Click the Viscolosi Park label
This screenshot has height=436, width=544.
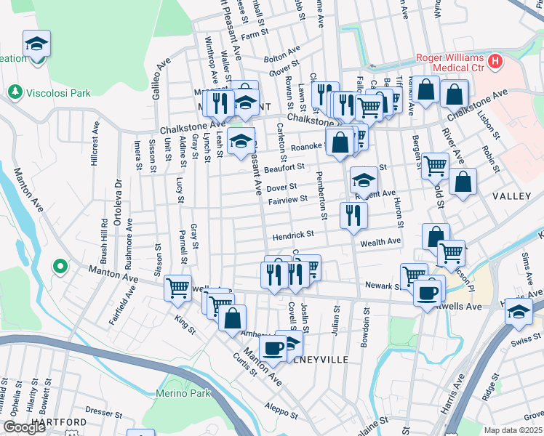pos(59,93)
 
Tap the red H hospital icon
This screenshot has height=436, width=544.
pos(496,60)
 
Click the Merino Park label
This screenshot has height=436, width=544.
pos(181,393)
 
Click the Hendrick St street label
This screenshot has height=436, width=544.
pos(293,235)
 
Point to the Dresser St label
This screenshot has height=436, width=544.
pos(101,411)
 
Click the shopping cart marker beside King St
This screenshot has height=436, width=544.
pos(177,288)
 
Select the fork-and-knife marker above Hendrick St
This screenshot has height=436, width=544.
pos(353,214)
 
